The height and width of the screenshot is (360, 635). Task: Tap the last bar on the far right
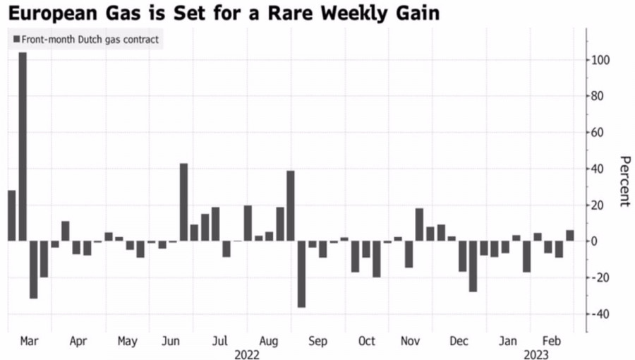pyautogui.click(x=570, y=235)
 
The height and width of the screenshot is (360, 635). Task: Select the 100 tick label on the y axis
pyautogui.click(x=600, y=60)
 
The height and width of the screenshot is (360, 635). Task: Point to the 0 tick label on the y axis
pyautogui.click(x=595, y=241)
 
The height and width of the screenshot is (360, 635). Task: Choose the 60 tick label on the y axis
pyautogui.click(x=599, y=132)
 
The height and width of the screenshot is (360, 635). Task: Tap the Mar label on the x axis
pyautogui.click(x=29, y=342)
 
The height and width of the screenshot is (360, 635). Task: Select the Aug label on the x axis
pyautogui.click(x=269, y=342)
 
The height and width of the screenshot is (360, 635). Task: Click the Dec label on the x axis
pyautogui.click(x=459, y=342)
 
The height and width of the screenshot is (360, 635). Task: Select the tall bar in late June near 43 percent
pyautogui.click(x=183, y=202)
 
